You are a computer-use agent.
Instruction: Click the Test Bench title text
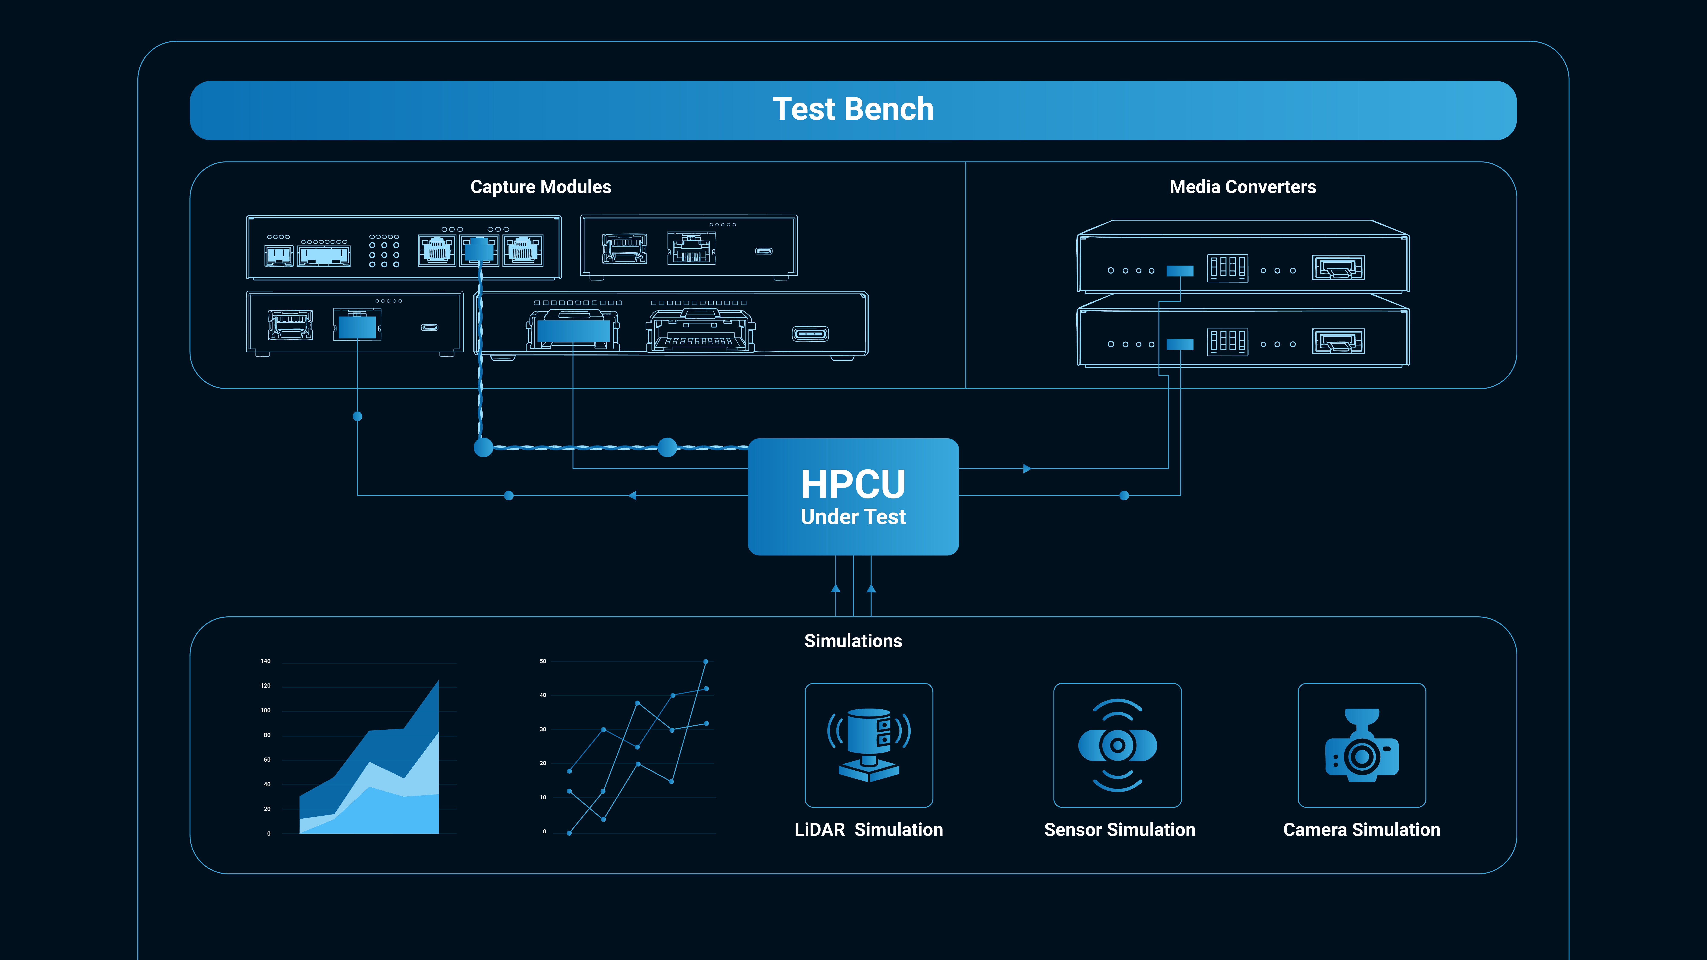coord(853,109)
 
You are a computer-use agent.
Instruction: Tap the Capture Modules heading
coord(541,187)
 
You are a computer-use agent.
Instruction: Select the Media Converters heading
coord(1243,187)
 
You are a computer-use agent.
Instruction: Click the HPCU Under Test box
coord(853,496)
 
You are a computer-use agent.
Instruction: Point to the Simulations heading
coord(853,641)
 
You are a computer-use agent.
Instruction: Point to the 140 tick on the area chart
coord(265,661)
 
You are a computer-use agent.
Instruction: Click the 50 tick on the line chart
coord(543,661)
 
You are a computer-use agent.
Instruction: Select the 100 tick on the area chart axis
coord(265,710)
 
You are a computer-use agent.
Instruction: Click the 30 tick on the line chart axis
coord(543,729)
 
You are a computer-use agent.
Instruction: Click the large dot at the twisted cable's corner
coord(484,447)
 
